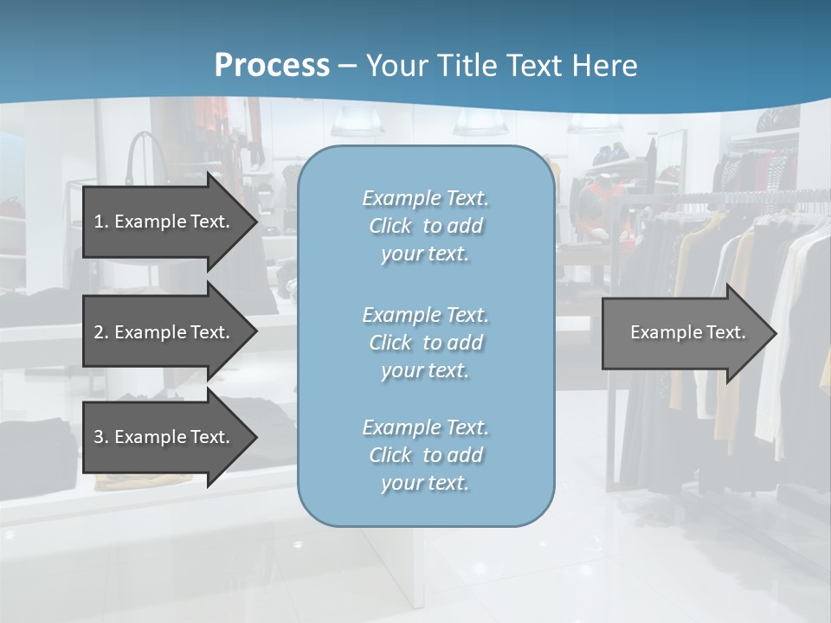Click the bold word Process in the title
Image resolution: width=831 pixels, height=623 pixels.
[272, 66]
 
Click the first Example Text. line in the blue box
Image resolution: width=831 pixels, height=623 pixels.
[425, 198]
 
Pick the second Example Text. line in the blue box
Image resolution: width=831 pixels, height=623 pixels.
[425, 315]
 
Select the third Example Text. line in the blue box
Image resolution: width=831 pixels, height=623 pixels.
[425, 427]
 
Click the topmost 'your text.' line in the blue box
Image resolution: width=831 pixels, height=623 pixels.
[425, 254]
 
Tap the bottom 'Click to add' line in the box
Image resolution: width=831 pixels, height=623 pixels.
[425, 455]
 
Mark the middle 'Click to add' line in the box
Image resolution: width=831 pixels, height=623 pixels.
[425, 343]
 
